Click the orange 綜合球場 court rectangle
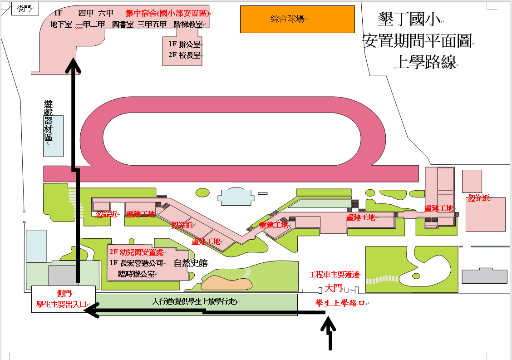[x=297, y=19]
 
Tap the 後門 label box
[x=25, y=8]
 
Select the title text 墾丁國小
[x=409, y=19]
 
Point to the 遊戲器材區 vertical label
[x=48, y=120]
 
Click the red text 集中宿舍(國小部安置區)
[x=167, y=13]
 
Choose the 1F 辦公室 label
[x=184, y=44]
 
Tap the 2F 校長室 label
[x=184, y=55]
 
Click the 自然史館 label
[x=190, y=263]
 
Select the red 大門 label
[x=333, y=288]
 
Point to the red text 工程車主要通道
[x=334, y=275]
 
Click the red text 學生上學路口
[x=340, y=303]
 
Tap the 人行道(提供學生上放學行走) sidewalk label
[x=195, y=301]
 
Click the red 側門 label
[x=64, y=293]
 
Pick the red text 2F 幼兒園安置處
[x=136, y=252]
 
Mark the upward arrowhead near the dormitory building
[x=74, y=65]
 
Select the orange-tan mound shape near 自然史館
[x=226, y=283]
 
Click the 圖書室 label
[x=123, y=25]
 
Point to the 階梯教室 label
[x=188, y=25]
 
